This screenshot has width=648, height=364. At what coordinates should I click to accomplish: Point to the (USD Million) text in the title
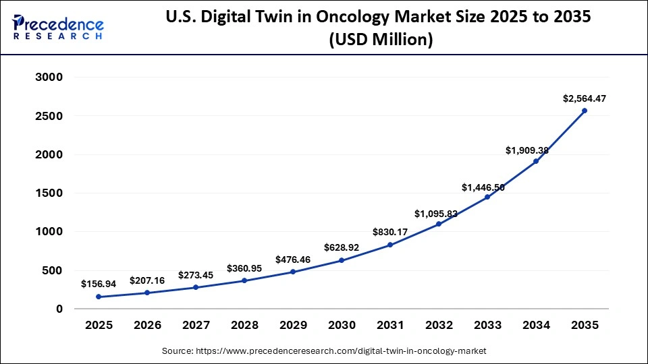380,40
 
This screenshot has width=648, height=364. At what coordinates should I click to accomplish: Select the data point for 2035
585,111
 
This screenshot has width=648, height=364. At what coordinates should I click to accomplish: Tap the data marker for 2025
99,297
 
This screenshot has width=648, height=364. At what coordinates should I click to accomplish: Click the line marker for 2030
342,260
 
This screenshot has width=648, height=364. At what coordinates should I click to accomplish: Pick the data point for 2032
439,224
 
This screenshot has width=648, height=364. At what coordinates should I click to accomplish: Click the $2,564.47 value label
585,98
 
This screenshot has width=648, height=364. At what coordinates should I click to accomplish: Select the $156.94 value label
99,284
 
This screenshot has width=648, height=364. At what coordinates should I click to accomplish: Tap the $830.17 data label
390,232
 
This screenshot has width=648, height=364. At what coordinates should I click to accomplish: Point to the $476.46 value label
293,260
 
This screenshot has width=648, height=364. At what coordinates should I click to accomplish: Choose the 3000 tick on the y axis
49,78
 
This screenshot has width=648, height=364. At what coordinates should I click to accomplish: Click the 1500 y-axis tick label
49,193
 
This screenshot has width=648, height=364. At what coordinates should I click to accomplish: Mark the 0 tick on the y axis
59,309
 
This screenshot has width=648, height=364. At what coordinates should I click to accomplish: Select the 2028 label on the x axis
244,326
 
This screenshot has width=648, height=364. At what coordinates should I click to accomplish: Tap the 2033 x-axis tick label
487,326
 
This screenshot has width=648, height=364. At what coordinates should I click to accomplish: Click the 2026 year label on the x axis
147,326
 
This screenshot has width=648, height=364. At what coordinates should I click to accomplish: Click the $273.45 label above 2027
196,275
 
